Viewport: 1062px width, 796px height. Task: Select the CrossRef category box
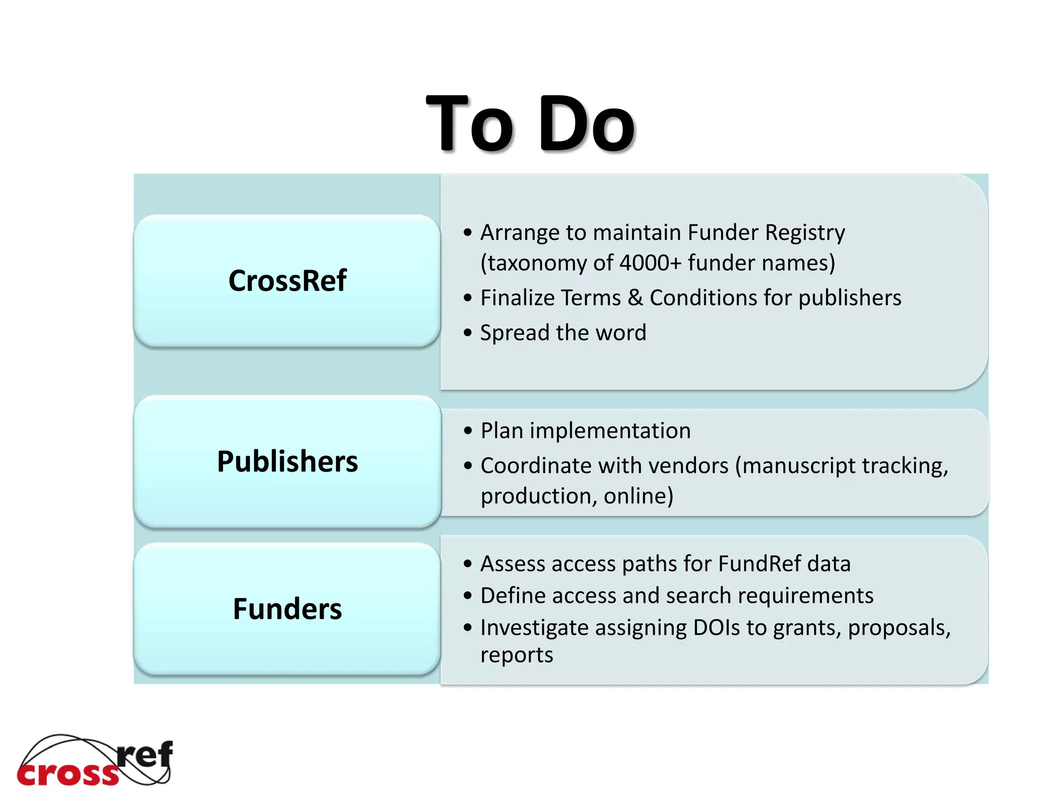point(287,280)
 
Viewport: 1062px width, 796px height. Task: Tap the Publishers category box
point(287,461)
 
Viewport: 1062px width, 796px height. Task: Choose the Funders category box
point(287,608)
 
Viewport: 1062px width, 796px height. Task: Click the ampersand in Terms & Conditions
point(635,298)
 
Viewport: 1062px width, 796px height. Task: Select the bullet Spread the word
point(563,333)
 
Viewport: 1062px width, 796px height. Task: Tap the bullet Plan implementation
point(585,431)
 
